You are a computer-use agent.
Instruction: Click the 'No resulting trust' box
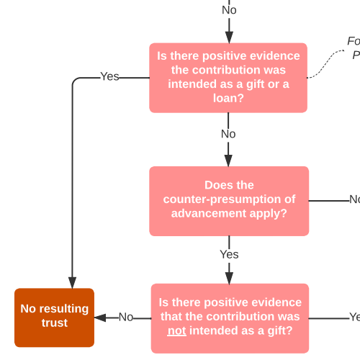click(x=54, y=317)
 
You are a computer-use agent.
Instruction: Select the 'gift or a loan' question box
click(x=228, y=78)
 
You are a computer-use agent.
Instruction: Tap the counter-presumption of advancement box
click(x=228, y=201)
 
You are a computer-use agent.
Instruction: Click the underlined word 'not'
click(x=176, y=330)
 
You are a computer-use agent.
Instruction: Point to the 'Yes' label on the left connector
click(x=109, y=76)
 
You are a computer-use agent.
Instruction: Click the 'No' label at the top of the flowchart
click(x=229, y=10)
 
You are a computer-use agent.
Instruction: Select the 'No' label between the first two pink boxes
click(x=228, y=135)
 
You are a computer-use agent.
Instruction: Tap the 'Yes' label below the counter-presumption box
click(x=229, y=255)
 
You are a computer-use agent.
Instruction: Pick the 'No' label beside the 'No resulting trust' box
click(x=126, y=317)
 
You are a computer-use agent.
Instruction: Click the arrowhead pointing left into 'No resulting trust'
click(x=101, y=317)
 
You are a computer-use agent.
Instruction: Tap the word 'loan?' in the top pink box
click(x=229, y=98)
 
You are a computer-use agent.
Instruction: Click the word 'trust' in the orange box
click(x=54, y=323)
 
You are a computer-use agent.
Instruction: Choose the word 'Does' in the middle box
click(x=219, y=185)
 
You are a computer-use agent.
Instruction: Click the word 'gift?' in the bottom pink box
click(x=276, y=330)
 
